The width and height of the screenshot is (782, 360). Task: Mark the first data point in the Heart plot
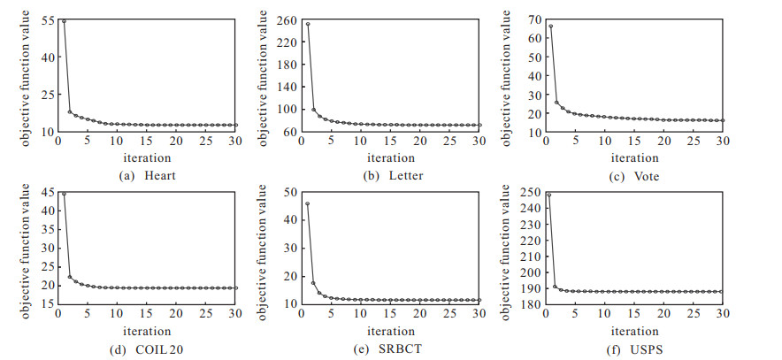pyautogui.click(x=64, y=21)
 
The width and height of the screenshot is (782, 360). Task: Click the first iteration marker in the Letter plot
pyautogui.click(x=308, y=24)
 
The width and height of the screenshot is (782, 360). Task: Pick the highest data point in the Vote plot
pyautogui.click(x=550, y=27)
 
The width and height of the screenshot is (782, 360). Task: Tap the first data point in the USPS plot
pyautogui.click(x=548, y=195)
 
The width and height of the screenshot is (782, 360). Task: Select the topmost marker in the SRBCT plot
pyautogui.click(x=307, y=203)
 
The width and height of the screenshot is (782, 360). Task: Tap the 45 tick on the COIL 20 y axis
pyautogui.click(x=50, y=192)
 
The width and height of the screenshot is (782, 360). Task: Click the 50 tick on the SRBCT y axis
pyautogui.click(x=291, y=192)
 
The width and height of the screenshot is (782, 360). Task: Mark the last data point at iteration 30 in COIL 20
pyautogui.click(x=235, y=287)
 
